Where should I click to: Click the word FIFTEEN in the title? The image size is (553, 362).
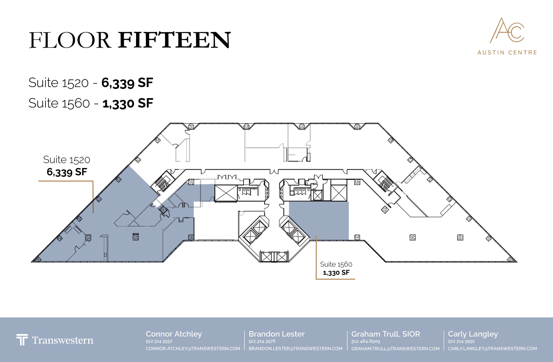[174, 40]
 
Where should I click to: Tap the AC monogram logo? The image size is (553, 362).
[507, 31]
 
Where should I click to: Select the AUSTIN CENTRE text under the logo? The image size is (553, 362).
[507, 52]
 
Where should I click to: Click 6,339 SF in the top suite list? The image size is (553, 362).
[127, 83]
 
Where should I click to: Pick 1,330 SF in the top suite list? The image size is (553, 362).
[128, 103]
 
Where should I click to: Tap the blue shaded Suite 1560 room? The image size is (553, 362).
[319, 221]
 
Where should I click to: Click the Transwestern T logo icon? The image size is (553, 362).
[22, 340]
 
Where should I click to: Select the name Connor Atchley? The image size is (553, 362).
[174, 334]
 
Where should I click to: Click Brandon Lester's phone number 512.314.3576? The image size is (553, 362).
[262, 341]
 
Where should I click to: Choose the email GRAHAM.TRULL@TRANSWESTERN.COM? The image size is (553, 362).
[395, 349]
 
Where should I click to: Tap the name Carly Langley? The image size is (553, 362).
[473, 334]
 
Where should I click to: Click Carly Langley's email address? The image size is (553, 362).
[493, 349]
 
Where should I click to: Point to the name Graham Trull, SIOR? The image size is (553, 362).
[386, 334]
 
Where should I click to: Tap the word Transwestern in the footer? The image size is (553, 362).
[63, 340]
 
